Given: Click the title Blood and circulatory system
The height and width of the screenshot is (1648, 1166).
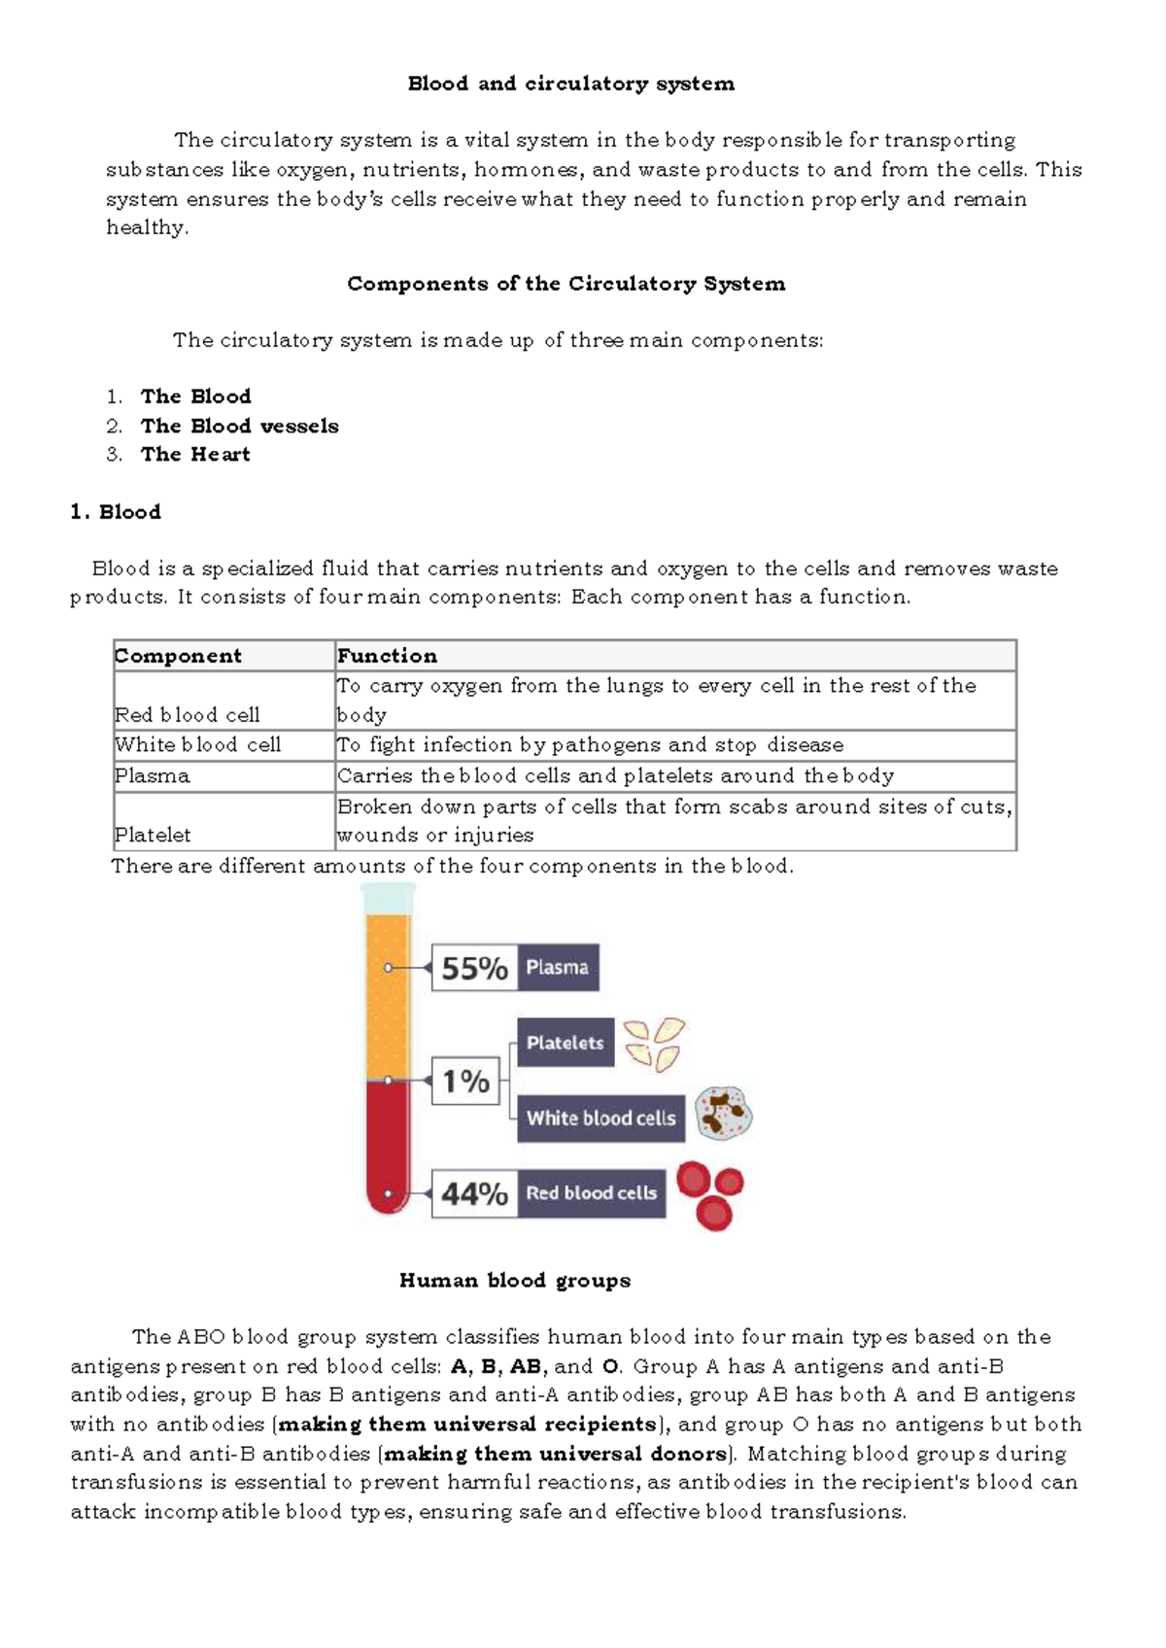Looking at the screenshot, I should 570,84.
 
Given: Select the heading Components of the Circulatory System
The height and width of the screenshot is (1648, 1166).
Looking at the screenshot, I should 566,284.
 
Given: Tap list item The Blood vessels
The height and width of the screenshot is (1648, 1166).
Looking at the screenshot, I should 239,426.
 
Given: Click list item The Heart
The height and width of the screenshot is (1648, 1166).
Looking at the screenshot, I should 195,454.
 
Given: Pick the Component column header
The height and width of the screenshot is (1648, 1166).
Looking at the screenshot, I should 178,656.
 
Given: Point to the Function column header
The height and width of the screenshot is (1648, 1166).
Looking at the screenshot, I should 387,656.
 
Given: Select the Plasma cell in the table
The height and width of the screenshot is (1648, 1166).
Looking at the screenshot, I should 153,776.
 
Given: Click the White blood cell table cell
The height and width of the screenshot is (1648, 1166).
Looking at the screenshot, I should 197,745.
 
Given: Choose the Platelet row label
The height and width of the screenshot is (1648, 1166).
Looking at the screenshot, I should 153,835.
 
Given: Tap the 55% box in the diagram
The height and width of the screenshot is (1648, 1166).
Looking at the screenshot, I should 474,968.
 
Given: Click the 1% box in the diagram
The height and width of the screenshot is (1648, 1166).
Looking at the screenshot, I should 465,1081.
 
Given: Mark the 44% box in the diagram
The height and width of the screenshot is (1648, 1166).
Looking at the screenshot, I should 474,1193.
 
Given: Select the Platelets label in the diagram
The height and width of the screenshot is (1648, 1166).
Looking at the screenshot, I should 565,1043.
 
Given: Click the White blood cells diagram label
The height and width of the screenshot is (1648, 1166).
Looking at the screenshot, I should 600,1118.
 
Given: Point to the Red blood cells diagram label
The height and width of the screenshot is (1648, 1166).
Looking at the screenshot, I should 591,1193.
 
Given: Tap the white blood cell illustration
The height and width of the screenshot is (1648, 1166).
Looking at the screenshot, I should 724,1114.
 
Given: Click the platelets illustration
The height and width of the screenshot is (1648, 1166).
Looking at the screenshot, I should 654,1044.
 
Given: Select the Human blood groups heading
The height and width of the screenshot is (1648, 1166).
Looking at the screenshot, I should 515,1281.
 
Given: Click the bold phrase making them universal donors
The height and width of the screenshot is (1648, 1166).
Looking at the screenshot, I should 556,1454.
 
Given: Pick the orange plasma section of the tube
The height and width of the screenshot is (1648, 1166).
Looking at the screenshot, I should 388,991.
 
